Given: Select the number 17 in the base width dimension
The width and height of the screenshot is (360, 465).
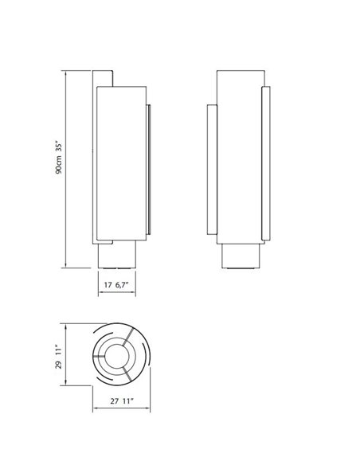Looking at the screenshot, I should (x=108, y=283).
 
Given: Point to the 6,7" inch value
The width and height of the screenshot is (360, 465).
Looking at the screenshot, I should (x=123, y=283).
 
